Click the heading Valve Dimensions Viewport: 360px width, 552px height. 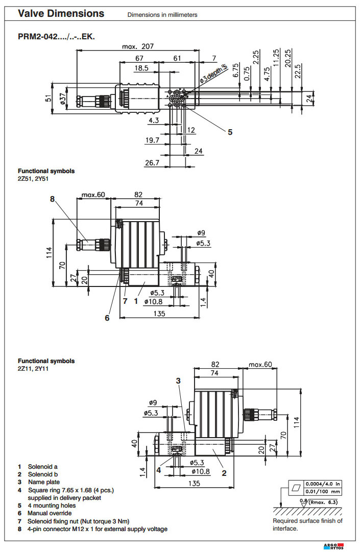pos(61,14)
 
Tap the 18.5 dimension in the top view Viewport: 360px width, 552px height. pos(141,68)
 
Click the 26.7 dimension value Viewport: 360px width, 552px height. pos(153,162)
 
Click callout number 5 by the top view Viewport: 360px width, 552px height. pos(230,132)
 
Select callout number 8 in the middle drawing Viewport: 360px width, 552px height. pos(52,199)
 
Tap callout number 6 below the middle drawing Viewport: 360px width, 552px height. pos(107,318)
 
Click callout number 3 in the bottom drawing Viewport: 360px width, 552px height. pos(178,380)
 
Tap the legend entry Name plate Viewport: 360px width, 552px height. pos(43,482)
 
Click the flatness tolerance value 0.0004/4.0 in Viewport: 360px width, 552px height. pos(324,484)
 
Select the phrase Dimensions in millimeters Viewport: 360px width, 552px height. pos(162,15)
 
